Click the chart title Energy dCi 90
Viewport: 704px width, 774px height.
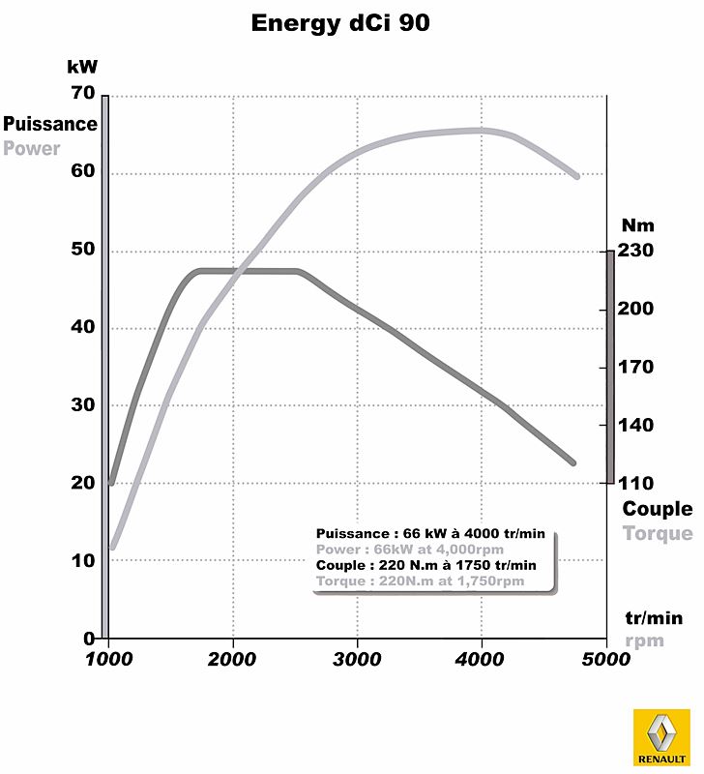[x=340, y=22]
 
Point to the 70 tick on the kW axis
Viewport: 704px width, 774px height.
[x=82, y=94]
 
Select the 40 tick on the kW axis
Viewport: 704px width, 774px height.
[x=82, y=328]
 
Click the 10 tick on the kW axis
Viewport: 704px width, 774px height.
[x=82, y=561]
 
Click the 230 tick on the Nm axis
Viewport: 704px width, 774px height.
[x=637, y=251]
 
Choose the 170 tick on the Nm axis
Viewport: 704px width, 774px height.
[x=637, y=367]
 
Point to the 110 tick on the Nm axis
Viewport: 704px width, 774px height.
[x=637, y=483]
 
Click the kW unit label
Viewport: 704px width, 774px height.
[x=82, y=67]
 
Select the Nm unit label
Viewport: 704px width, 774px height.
[x=637, y=225]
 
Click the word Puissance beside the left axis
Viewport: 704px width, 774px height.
[x=50, y=124]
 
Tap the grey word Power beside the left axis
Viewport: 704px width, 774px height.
[x=31, y=149]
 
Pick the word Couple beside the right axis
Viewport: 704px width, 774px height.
[x=658, y=509]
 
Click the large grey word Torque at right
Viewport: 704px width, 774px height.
[x=658, y=533]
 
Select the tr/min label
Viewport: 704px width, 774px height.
[x=654, y=617]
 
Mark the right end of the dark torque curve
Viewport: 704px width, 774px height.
[x=573, y=463]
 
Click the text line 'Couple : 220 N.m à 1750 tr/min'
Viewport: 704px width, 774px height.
[x=425, y=565]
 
